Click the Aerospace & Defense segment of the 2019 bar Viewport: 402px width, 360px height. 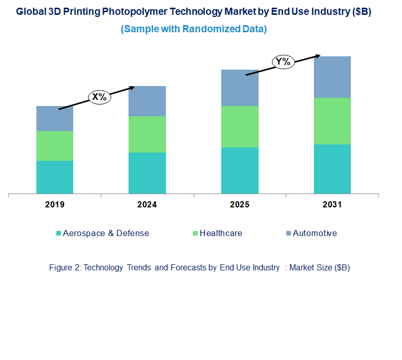pos(55,177)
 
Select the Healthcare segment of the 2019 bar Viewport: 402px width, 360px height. pos(55,146)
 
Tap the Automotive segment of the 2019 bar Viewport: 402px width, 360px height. pos(55,118)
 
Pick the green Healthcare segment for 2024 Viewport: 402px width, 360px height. pos(147,134)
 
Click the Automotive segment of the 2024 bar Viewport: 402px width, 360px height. pos(147,101)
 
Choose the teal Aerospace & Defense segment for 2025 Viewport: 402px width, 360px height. pos(240,171)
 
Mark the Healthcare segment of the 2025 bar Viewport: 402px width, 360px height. pos(240,126)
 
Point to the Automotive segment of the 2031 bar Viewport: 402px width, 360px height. pos(332,77)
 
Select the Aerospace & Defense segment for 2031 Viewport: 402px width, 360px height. pos(332,169)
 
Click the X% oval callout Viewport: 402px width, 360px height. pos(100,97)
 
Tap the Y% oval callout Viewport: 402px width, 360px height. pos(283,62)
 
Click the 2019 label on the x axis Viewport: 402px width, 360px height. pos(55,204)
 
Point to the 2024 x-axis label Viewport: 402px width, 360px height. pos(147,204)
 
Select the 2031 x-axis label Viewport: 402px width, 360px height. pos(332,204)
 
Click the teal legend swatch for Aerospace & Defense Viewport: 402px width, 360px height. pos(59,234)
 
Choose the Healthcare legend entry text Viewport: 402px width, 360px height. pos(221,233)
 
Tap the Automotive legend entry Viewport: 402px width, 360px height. pos(314,233)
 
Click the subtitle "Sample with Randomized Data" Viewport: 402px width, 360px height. pos(194,29)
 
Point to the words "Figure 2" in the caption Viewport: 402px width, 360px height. pos(65,267)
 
